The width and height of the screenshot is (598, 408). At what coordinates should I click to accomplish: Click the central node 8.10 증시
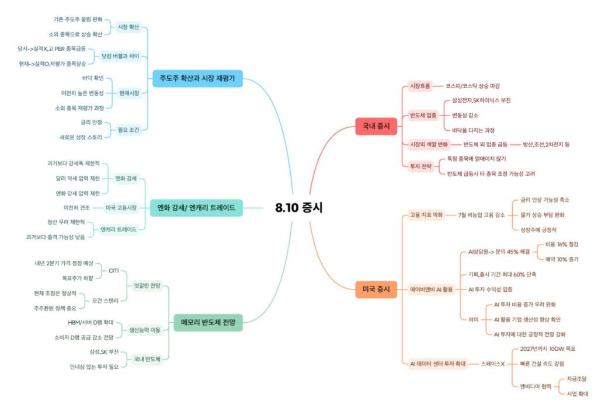[x=298, y=207]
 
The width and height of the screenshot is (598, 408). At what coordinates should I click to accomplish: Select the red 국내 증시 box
[x=376, y=126]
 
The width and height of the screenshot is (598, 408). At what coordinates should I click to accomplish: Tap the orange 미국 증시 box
[x=376, y=290]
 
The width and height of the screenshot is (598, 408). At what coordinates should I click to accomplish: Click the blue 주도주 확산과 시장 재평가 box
[x=197, y=79]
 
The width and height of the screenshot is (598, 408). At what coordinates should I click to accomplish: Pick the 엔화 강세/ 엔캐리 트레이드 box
[x=196, y=208]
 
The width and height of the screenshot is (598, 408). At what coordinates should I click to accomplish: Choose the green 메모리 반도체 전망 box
[x=208, y=323]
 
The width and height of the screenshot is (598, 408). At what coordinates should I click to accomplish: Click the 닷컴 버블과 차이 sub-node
[x=120, y=57]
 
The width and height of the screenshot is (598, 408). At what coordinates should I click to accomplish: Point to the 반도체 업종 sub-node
[x=423, y=115]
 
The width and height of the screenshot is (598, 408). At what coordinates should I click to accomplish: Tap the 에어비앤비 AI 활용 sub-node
[x=432, y=290]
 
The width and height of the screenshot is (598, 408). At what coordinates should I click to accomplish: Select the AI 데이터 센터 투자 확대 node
[x=438, y=364]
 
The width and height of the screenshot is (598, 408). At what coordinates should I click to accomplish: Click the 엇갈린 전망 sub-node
[x=147, y=285]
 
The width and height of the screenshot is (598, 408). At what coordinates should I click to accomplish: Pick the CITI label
[x=114, y=271]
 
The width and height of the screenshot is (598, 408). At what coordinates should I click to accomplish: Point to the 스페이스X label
[x=493, y=364]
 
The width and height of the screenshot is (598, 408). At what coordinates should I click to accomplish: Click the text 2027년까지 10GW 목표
[x=548, y=349]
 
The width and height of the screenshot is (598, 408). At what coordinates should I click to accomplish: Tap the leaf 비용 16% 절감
[x=562, y=245]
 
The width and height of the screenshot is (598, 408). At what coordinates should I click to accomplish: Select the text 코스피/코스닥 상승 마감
[x=472, y=86]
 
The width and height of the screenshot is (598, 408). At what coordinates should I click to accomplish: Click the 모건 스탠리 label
[x=105, y=301]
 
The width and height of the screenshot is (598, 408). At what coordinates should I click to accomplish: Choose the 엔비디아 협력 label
[x=536, y=386]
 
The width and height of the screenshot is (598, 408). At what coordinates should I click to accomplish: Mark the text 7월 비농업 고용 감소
[x=481, y=215]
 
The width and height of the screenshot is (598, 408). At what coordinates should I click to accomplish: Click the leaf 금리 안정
[x=92, y=123]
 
